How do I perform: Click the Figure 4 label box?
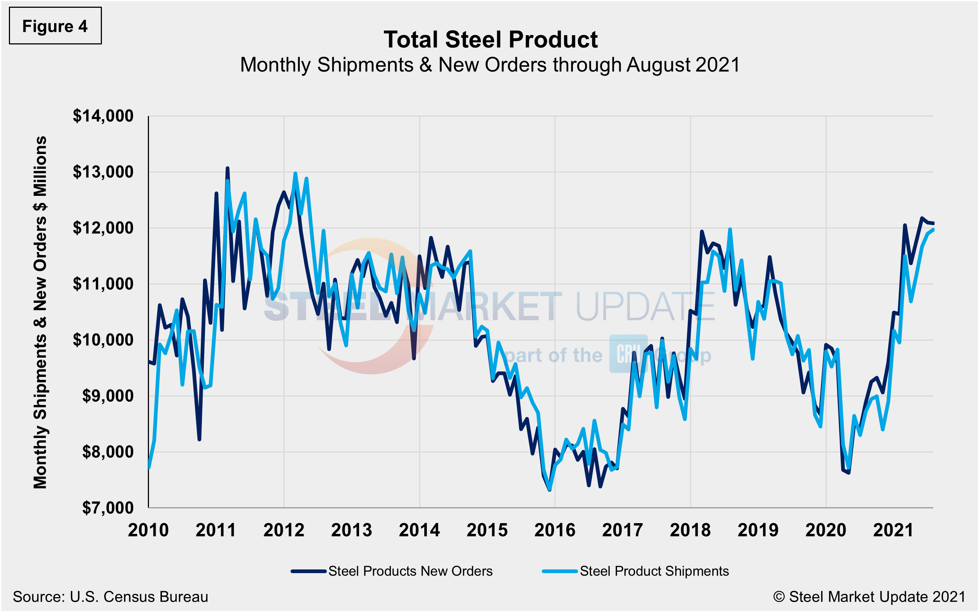point(55,26)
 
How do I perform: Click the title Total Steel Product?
point(491,40)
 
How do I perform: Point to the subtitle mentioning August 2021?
point(490,65)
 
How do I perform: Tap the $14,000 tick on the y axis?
point(103,116)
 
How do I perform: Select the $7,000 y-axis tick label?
point(107,508)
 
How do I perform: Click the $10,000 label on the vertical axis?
point(103,340)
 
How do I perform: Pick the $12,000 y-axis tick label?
point(103,228)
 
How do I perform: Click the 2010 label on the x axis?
point(148,530)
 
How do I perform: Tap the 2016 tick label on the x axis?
point(554,530)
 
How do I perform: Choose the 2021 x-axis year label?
point(893,530)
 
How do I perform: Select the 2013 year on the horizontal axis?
point(352,530)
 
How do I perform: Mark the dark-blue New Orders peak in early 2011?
point(227,168)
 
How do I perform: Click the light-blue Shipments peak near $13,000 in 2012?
point(295,173)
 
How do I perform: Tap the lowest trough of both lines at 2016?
point(549,490)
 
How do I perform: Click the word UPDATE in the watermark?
point(645,307)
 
